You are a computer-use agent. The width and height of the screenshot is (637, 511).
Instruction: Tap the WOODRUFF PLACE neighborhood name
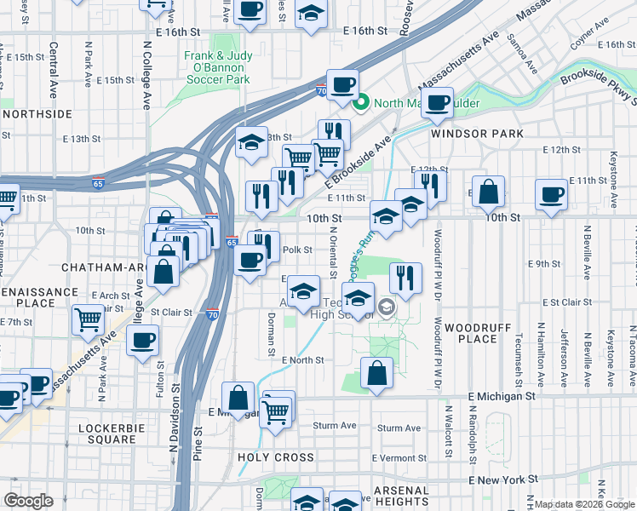click(x=471, y=333)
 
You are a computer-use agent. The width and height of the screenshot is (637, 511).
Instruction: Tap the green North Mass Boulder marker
click(x=360, y=104)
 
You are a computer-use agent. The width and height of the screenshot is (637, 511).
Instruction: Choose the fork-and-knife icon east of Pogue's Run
click(x=405, y=278)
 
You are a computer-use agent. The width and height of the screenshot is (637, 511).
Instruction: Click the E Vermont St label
click(x=404, y=458)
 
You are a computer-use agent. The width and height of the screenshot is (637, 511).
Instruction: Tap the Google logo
click(x=28, y=501)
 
